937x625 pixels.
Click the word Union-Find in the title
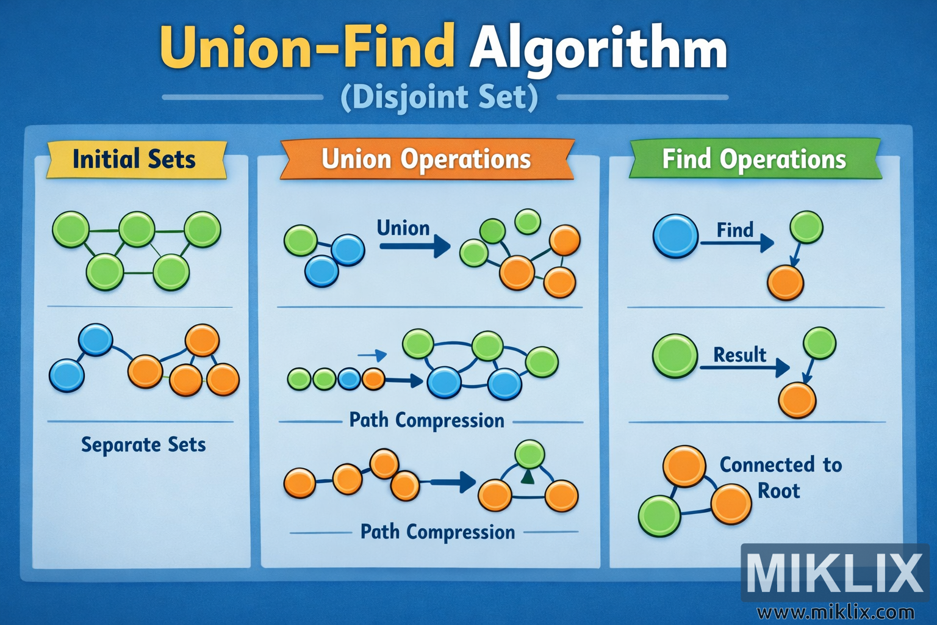coord(307,48)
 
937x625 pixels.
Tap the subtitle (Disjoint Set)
coord(439,98)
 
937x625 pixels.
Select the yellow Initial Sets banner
coord(135,159)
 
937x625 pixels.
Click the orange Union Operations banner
coord(426,159)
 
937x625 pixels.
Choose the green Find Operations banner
coord(754,159)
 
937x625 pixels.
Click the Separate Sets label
coord(143,444)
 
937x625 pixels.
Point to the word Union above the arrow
coord(403,228)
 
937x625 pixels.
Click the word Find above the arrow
coord(735,230)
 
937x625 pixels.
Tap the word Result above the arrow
coord(739,355)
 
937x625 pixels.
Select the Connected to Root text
coord(780,477)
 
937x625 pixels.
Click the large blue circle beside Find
coord(675,236)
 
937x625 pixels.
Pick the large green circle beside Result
coord(675,356)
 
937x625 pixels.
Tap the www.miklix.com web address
coord(835,612)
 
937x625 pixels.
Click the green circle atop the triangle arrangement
coord(529,455)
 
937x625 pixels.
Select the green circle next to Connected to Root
coord(659,516)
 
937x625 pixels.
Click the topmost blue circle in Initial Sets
coord(96,339)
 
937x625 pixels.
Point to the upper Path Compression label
coord(426,421)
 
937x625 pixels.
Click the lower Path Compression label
coord(437,532)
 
